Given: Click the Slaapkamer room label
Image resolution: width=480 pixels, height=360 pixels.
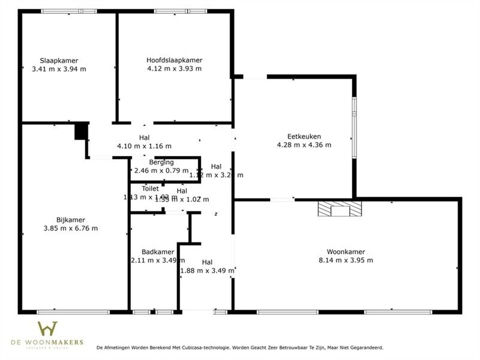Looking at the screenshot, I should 59,60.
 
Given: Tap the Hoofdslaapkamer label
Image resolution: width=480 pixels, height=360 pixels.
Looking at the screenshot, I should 174,60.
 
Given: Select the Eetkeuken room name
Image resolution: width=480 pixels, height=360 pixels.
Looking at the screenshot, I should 304,136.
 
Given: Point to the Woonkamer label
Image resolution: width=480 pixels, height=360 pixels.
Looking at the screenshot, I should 346,252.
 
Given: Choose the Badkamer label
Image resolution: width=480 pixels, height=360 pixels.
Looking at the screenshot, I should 158,252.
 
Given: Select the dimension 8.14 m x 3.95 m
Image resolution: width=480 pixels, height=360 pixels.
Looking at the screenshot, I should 346,260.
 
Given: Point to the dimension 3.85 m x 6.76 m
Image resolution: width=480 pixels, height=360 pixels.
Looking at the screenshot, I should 71,228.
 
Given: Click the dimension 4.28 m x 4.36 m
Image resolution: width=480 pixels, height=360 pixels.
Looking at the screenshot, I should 304,145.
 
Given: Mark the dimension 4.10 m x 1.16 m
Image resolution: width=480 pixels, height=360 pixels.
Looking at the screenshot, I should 144,146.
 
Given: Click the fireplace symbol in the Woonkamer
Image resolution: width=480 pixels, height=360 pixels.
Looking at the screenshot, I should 340,209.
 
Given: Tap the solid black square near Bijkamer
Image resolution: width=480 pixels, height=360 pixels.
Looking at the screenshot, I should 81,131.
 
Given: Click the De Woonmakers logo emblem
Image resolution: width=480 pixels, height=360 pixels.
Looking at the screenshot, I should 47,329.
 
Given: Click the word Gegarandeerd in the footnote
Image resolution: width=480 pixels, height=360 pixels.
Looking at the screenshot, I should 365,347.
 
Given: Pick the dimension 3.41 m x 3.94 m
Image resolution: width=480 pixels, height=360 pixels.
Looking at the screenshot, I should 59,69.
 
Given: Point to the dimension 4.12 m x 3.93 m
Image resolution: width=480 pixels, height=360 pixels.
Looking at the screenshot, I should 174,68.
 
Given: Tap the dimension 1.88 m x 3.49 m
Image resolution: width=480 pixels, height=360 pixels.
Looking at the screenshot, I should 207,271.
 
